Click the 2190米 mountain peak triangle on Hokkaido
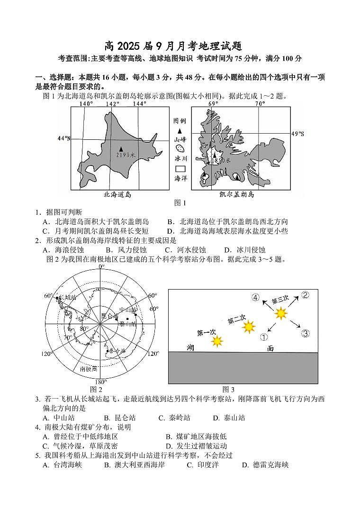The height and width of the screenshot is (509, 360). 121,148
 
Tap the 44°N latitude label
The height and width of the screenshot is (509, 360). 63,138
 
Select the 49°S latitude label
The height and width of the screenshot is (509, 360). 297,134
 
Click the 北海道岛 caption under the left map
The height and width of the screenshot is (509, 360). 117,194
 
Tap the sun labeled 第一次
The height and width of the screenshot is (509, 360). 217,341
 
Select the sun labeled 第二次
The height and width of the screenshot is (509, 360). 249,327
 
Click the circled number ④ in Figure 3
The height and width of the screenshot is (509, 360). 255,298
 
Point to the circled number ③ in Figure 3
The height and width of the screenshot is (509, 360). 306,334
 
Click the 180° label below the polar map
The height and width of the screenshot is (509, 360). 100,382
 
